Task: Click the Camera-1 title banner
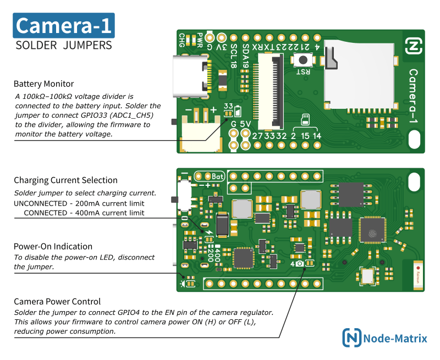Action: pos(64,26)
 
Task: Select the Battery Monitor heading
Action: pos(43,84)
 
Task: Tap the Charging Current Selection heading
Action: pos(65,180)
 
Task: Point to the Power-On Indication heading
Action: pos(53,246)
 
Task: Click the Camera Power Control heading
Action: pos(57,301)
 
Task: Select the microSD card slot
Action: pos(358,77)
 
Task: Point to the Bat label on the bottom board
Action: pos(218,176)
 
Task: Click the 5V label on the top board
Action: pos(245,124)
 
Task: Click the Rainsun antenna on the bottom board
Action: pos(418,274)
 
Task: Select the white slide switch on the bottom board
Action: pos(185,197)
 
